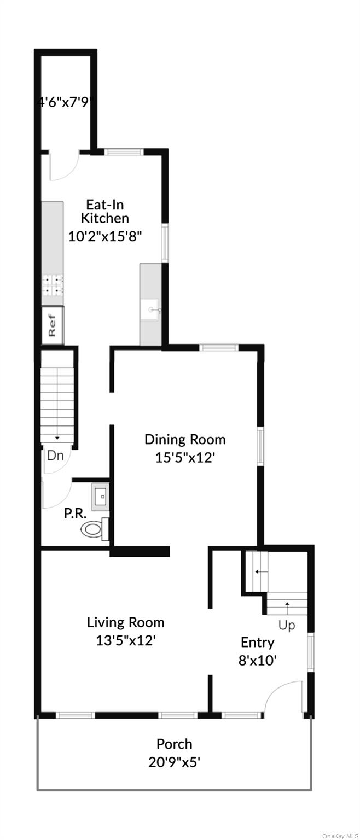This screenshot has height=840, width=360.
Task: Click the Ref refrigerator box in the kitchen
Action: point(53,325)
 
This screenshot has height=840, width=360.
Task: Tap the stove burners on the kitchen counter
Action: point(53,284)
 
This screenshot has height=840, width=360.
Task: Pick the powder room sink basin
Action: point(101,496)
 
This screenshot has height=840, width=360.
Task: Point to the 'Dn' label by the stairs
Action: point(55,455)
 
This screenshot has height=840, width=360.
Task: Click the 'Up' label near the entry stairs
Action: point(287,625)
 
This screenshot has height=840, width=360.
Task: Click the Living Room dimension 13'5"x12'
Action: point(126,640)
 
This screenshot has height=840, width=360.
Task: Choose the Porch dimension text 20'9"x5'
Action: point(174,761)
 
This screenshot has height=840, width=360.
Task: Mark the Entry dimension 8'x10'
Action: point(257,660)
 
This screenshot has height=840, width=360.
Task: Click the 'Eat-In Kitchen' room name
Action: point(105,212)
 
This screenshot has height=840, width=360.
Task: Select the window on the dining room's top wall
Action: point(218,347)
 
